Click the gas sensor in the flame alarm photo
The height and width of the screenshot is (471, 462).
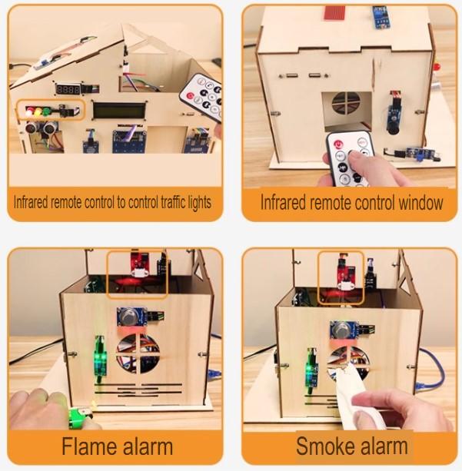pos(128,317)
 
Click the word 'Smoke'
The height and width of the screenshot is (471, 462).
pos(323,445)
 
